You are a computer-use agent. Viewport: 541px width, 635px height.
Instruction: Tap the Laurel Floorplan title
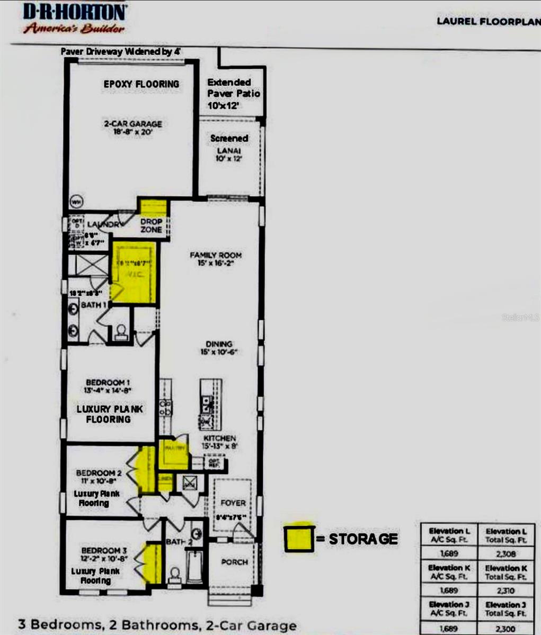click(487, 21)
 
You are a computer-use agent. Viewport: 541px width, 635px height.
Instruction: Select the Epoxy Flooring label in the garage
click(141, 84)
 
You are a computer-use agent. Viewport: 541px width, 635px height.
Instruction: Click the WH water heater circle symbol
click(77, 202)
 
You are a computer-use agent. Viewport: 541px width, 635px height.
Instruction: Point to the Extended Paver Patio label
click(234, 93)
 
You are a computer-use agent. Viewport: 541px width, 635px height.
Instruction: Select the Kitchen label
click(219, 442)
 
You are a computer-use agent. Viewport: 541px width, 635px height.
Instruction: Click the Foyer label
click(233, 503)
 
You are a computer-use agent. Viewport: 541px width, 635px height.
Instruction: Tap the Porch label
click(234, 561)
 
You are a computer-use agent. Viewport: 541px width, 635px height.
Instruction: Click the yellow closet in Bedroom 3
click(154, 563)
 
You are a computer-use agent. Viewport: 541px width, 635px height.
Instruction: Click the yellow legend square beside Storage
click(298, 538)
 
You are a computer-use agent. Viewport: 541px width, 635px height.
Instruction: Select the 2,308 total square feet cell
click(505, 554)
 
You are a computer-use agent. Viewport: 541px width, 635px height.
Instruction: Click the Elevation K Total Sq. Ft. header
click(505, 572)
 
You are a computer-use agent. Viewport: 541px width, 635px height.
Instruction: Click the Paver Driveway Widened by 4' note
click(121, 52)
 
